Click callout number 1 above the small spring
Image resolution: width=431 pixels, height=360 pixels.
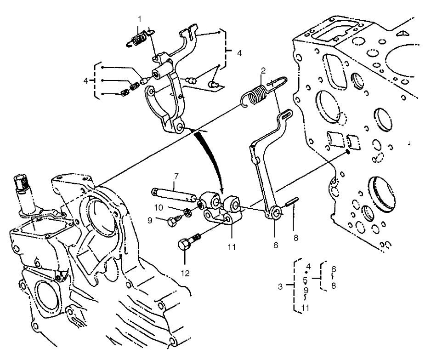[140, 19]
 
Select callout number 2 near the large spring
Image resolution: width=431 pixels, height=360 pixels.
[263, 71]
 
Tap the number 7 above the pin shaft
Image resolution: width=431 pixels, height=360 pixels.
[176, 176]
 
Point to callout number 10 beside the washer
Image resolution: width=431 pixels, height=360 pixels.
[159, 207]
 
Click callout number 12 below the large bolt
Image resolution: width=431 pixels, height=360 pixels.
[185, 274]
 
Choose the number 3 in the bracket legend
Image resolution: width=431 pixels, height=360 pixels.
[280, 286]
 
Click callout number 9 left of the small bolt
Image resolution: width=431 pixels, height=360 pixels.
[150, 220]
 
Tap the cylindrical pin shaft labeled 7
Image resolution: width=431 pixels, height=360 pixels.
[174, 194]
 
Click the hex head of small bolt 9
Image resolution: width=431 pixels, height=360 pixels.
[172, 222]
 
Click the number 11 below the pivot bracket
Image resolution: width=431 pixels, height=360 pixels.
[232, 247]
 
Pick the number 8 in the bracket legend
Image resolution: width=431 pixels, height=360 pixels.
[334, 286]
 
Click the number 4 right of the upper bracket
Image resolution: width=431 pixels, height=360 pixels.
[239, 53]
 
